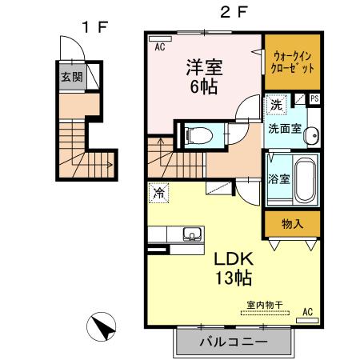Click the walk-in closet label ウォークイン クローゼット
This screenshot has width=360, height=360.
tap(293, 62)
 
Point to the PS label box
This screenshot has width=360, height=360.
tap(314, 99)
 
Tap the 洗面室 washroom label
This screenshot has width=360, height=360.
tap(285, 129)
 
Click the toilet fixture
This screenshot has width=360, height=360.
tap(193, 136)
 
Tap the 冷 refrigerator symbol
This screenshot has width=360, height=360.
tap(159, 193)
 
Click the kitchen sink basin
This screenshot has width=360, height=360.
tap(192, 234)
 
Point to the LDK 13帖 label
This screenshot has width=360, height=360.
tap(231, 270)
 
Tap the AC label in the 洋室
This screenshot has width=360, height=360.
tap(161, 46)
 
